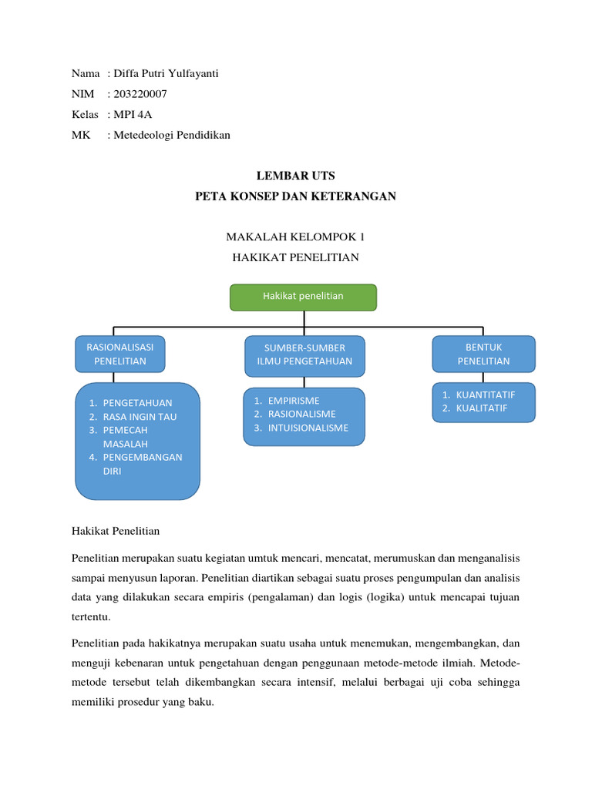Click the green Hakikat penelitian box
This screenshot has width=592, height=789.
303,297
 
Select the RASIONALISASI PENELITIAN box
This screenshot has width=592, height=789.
119,354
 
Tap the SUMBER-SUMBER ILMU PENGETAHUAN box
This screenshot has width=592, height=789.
304,354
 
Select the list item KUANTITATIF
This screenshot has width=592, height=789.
485,394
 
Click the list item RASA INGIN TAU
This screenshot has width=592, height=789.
140,417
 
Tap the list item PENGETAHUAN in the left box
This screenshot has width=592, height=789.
137,403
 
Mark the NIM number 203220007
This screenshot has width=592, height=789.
140,94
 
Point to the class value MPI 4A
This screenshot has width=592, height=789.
133,115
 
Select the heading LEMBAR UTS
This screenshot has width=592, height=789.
296,176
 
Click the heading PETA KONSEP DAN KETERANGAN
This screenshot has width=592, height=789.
296,196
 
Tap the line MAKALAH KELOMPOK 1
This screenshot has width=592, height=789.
296,237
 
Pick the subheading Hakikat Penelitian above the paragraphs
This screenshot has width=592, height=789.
115,531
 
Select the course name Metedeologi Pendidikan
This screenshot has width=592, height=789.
171,136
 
